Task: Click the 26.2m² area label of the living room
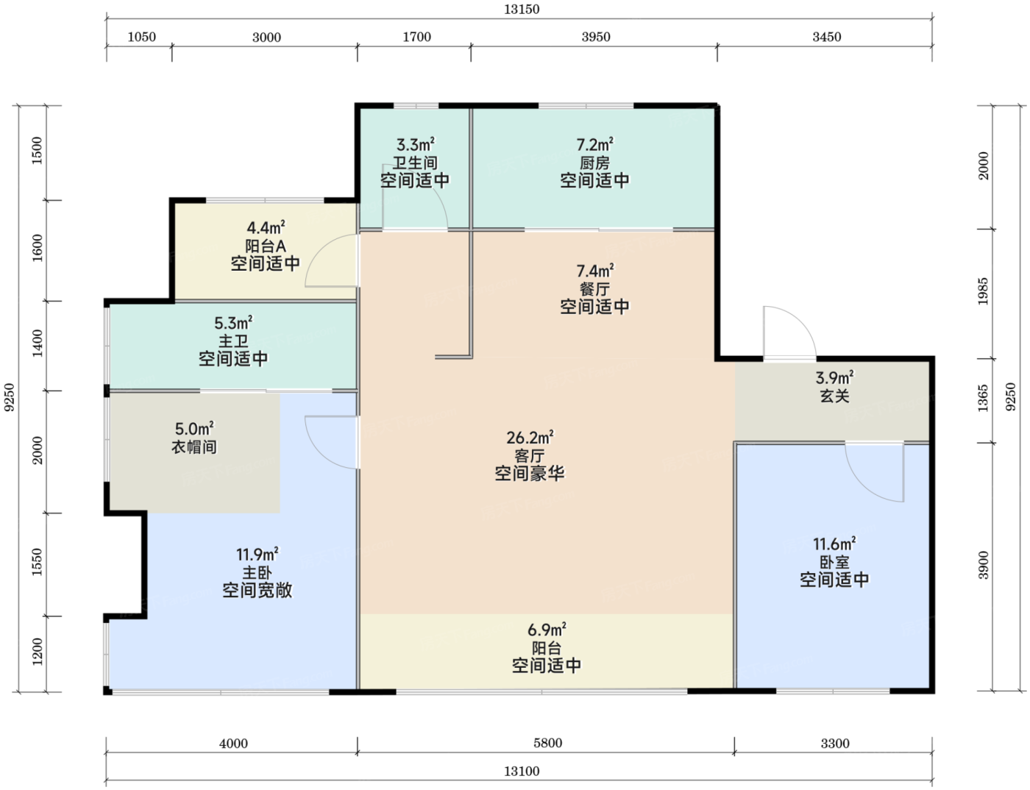pos(530,438)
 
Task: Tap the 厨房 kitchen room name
pos(594,163)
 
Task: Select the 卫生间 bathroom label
pos(415,163)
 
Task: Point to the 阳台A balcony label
pos(266,246)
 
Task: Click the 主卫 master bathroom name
pos(233,341)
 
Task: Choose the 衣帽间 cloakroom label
pos(194,447)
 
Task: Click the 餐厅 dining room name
pos(594,288)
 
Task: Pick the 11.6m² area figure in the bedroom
pos(835,544)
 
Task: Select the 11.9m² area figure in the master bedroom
pos(257,554)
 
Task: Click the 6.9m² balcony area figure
pos(547,630)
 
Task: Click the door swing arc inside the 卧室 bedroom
pos(864,483)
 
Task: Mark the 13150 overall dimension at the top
pos(522,10)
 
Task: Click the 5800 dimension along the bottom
pos(547,743)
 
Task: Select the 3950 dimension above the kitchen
pos(596,37)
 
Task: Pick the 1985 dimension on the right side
pos(983,291)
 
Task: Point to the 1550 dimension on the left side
pos(37,562)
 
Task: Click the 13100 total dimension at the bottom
pos(522,771)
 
